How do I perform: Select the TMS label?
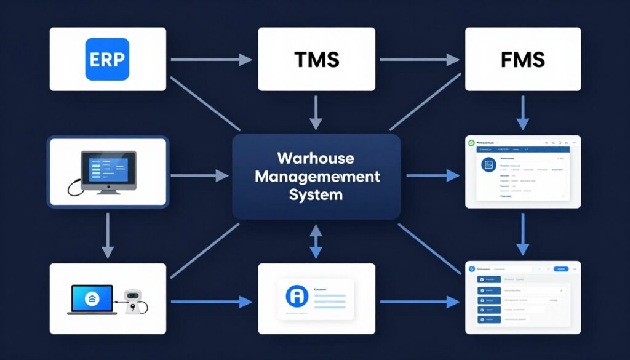pos(316,60)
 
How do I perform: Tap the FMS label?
pos(523,60)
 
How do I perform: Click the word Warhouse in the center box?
pos(316,158)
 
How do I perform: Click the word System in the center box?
pos(316,195)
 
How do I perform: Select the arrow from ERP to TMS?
pos(211,60)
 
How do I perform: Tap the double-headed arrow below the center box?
pos(316,241)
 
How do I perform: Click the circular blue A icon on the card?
pos(297,296)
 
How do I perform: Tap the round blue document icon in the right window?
pos(489,165)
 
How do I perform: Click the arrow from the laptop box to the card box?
pos(211,302)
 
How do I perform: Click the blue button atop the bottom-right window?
pos(560,269)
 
